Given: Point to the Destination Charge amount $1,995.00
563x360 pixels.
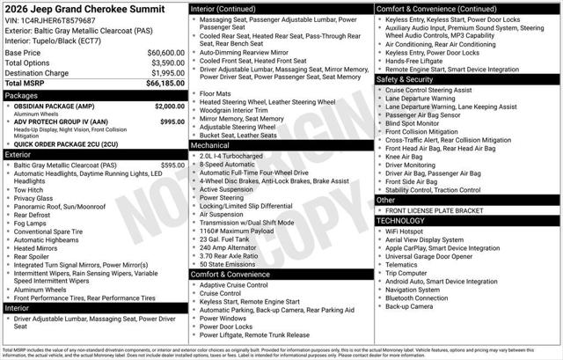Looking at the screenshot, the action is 162,72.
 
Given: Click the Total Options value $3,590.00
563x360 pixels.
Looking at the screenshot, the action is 162,62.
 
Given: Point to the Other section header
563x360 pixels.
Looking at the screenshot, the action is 386,200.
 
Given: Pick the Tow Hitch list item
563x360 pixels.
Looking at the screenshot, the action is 29,189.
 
